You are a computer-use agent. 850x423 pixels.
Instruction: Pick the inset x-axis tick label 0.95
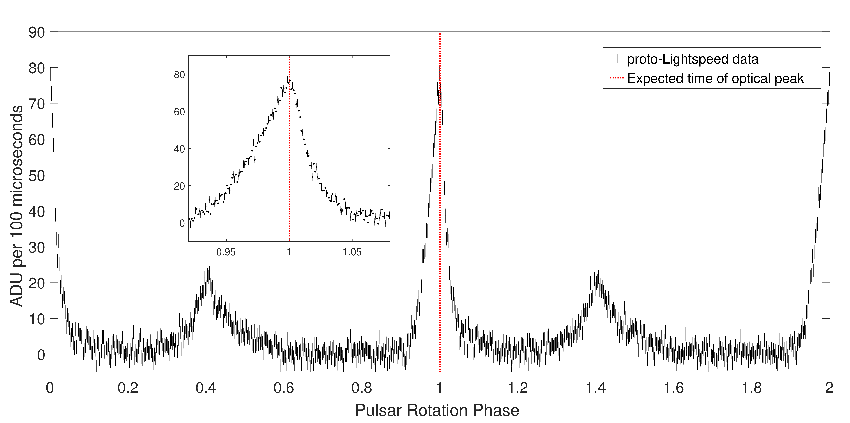226,252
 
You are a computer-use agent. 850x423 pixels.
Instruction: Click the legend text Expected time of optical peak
715,78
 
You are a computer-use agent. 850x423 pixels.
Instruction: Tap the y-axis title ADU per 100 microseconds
16,206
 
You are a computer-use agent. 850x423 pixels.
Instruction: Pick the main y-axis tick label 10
37,319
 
